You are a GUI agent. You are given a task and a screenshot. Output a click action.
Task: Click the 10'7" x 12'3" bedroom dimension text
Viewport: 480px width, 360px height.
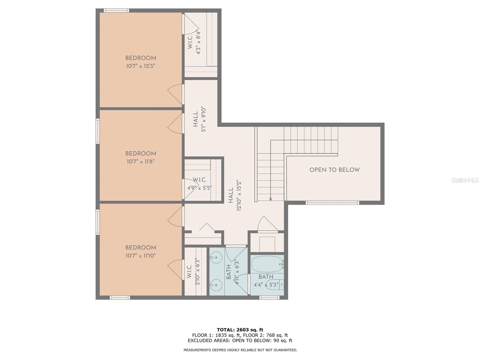pos(140,66)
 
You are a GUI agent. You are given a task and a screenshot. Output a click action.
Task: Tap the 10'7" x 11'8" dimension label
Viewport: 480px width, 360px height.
pos(141,162)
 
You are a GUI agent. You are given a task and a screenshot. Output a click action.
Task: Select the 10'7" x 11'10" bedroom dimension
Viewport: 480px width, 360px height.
pos(141,256)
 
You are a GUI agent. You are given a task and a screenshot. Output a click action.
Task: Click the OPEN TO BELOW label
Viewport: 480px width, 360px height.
pos(334,170)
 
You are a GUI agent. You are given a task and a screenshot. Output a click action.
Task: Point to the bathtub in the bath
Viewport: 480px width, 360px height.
pos(268,264)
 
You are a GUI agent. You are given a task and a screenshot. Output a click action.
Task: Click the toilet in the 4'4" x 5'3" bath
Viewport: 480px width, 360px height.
pos(275,285)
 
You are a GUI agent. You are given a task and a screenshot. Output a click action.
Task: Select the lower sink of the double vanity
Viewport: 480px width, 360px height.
pos(216,285)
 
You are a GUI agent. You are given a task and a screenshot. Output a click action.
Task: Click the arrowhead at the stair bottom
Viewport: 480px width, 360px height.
pos(271,199)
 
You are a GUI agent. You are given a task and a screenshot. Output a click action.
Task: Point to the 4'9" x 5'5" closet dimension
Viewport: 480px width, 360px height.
pos(199,188)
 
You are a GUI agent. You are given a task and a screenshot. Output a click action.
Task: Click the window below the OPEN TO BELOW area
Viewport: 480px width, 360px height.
pos(332,203)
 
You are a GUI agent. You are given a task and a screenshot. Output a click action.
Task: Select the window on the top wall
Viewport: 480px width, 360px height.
pos(116,10)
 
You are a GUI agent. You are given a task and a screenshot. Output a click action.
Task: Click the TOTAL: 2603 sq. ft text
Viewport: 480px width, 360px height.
pos(240,330)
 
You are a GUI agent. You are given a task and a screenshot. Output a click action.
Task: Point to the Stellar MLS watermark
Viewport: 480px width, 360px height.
pos(465,180)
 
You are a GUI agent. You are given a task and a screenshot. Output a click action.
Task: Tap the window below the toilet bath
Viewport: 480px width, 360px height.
pos(269,298)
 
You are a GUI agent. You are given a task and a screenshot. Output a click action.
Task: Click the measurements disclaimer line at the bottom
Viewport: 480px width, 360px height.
pos(240,350)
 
